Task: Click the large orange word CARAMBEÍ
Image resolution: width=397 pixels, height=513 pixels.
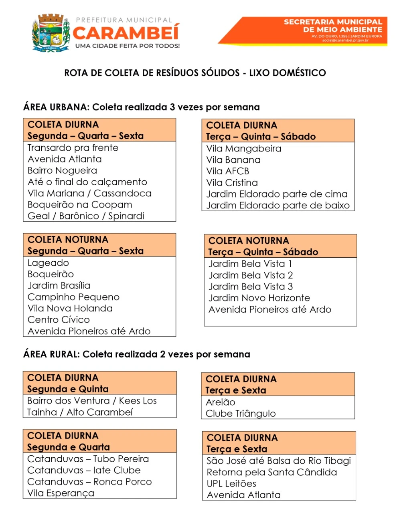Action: [126, 32]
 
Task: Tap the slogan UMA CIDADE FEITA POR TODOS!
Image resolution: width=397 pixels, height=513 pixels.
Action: [128, 46]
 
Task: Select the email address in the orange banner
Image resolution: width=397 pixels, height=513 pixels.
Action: [345, 40]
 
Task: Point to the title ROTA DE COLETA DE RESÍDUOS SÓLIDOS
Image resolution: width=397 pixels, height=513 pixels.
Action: [195, 73]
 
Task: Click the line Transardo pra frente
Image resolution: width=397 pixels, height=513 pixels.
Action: [73, 148]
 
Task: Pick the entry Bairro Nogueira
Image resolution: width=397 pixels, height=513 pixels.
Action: [62, 171]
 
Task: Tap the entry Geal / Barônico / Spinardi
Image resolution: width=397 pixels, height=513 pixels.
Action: [86, 216]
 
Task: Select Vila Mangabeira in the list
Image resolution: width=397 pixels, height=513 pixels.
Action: [244, 149]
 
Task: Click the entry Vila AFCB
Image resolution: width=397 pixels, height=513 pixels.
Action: [228, 171]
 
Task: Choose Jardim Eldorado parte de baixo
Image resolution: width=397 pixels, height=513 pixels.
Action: [278, 206]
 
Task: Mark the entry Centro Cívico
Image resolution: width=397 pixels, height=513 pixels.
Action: [59, 320]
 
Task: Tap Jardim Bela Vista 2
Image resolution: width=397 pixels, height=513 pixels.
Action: [251, 275]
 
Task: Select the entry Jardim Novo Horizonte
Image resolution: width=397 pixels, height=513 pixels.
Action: [259, 298]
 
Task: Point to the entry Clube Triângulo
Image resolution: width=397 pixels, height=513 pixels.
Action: [241, 414]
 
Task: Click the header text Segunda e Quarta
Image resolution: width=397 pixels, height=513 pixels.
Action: [69, 447]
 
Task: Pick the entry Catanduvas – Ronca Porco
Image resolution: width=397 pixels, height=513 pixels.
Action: [89, 482]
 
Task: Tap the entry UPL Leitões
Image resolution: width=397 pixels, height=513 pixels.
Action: [231, 484]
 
